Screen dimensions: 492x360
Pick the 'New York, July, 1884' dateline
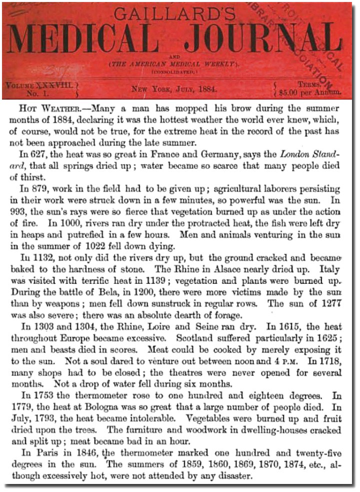pyautogui.click(x=173, y=90)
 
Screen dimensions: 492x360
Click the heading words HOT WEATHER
pyautogui.click(x=49, y=108)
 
